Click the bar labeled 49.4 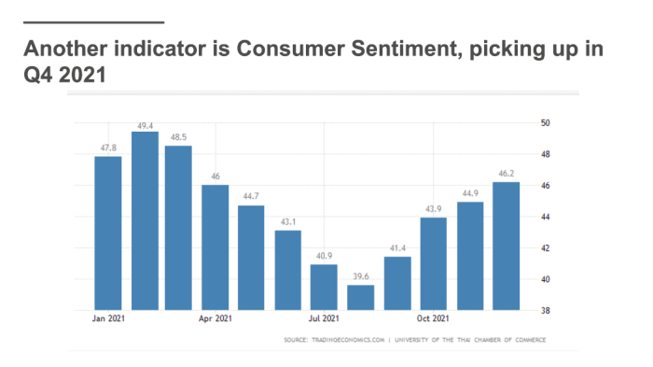[145, 220]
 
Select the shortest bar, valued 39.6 [361, 297]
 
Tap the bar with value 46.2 [506, 246]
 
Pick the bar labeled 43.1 [287, 270]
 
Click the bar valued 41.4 [397, 284]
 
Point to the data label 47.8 [108, 148]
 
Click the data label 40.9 [324, 256]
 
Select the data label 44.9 [470, 193]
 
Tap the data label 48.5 [178, 136]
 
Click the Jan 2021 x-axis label [108, 318]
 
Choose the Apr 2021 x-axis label [215, 318]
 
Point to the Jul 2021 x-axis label [324, 318]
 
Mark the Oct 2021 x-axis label [433, 318]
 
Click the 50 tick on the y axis [545, 122]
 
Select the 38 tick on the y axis [545, 310]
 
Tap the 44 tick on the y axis [545, 217]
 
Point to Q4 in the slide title [38, 75]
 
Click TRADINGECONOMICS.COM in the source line [348, 340]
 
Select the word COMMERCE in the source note [530, 340]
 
